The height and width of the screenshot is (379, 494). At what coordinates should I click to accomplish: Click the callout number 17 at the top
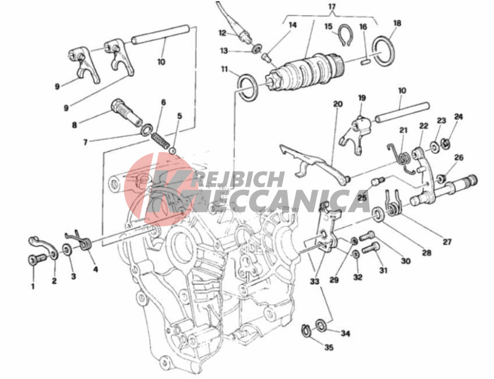click(x=333, y=6)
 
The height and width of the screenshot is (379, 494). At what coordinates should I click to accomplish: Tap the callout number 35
click(x=329, y=348)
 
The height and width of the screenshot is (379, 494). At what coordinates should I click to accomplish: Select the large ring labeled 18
click(x=383, y=51)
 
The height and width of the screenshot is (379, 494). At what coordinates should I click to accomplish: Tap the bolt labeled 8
click(x=126, y=113)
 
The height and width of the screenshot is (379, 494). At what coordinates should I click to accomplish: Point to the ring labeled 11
click(x=248, y=87)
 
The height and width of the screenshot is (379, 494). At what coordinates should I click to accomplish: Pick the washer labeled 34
click(x=322, y=325)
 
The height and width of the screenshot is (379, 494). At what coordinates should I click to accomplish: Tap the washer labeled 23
click(x=434, y=148)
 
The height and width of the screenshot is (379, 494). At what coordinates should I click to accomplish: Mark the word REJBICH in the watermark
click(x=238, y=179)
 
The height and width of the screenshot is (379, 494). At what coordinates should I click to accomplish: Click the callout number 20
click(x=338, y=104)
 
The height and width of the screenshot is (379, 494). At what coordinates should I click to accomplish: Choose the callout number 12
click(x=223, y=33)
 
